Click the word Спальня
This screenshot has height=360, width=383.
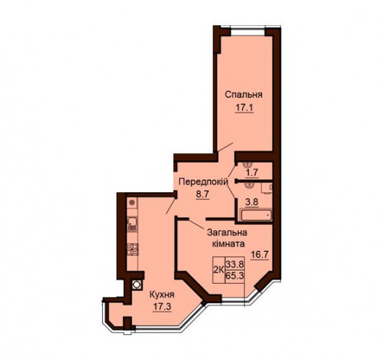click(243, 95)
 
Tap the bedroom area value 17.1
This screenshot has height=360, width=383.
click(245, 108)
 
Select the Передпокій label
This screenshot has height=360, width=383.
click(204, 181)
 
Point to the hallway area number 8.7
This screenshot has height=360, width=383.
click(202, 194)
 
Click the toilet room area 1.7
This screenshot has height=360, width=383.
click(252, 172)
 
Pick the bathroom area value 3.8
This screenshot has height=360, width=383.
click(252, 202)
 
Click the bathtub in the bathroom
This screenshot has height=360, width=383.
click(256, 215)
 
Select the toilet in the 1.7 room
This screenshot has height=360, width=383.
click(248, 165)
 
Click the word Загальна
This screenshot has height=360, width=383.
click(227, 233)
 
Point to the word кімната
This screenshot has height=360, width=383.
click(229, 244)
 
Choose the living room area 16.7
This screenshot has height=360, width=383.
click(260, 255)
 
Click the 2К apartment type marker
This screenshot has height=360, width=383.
click(219, 270)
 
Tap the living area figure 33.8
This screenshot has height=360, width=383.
click(235, 264)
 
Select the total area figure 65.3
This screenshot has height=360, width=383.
click(235, 276)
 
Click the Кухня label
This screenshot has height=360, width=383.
click(162, 294)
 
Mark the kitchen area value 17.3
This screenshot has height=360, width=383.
click(162, 307)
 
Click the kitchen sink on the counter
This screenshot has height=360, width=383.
click(132, 224)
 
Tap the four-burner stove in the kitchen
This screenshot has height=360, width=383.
click(132, 249)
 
